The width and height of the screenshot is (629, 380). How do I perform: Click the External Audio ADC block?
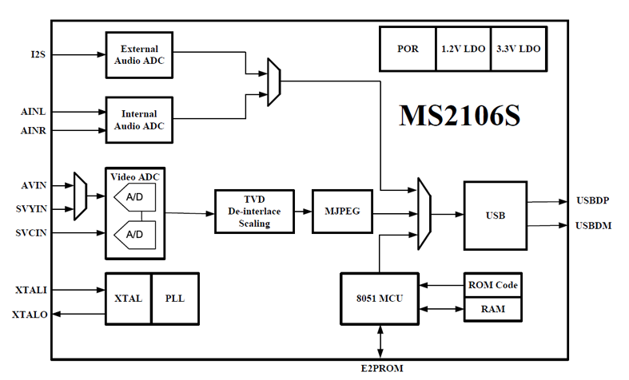click(139, 54)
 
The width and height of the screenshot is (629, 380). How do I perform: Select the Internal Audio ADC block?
click(139, 120)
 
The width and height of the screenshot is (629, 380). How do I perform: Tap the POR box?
click(408, 49)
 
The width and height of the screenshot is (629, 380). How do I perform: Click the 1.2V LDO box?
click(462, 49)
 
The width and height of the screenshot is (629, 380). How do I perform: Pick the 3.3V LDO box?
click(517, 49)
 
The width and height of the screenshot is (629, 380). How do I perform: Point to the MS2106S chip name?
click(460, 116)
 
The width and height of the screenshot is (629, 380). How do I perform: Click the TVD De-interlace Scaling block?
click(254, 212)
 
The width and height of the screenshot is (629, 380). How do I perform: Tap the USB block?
click(495, 214)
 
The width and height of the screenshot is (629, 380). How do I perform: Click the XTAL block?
click(128, 298)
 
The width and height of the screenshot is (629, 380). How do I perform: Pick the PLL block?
click(174, 298)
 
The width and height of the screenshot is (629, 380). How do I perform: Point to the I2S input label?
click(38, 54)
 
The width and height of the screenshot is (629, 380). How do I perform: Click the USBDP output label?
click(593, 200)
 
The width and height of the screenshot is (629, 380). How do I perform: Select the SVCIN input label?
click(31, 232)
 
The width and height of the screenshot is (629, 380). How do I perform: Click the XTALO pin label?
click(30, 315)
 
